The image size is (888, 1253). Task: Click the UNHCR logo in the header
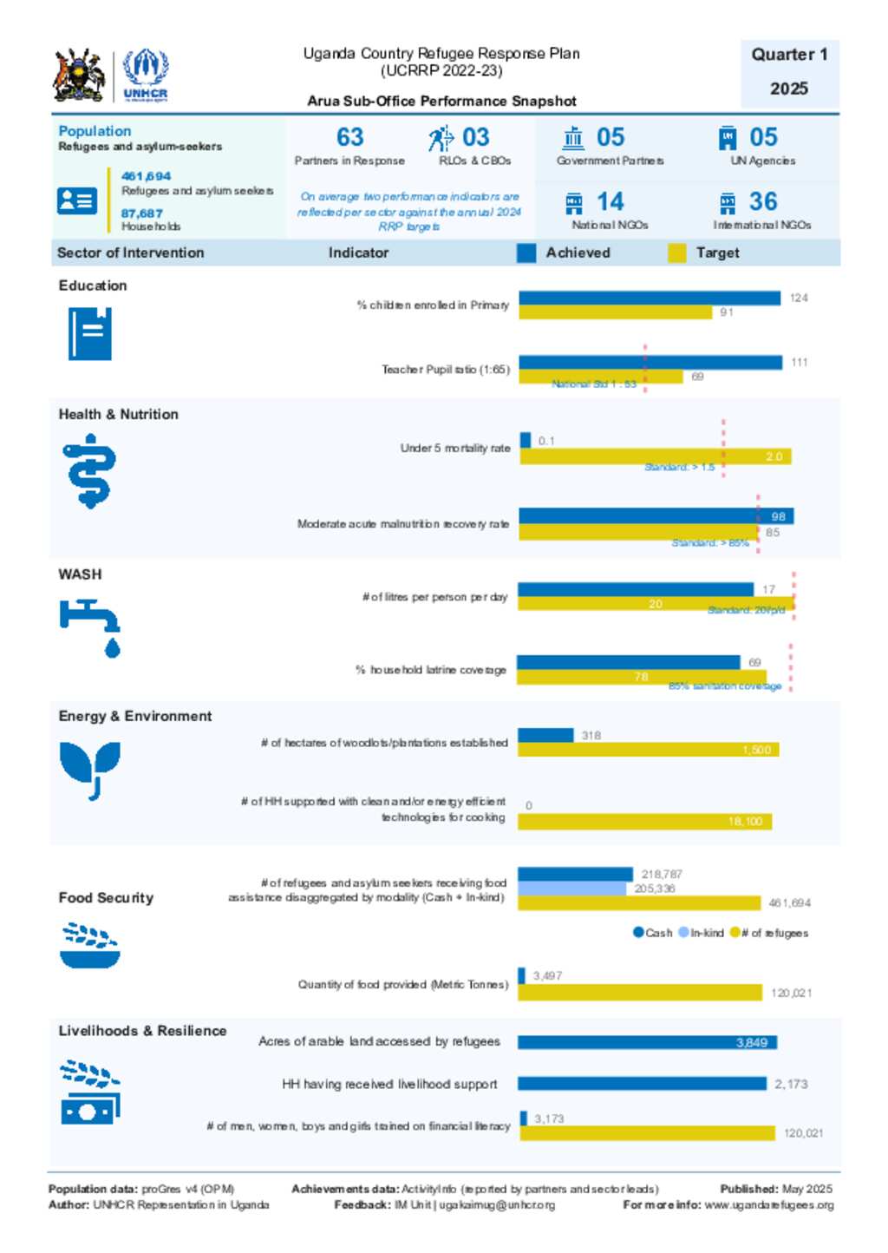pyautogui.click(x=145, y=75)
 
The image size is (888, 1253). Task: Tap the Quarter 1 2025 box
pyautogui.click(x=789, y=72)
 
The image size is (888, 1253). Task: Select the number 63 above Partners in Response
pyautogui.click(x=349, y=137)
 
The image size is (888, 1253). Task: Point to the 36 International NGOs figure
pyautogui.click(x=762, y=202)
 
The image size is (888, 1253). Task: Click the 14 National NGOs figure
pyautogui.click(x=610, y=202)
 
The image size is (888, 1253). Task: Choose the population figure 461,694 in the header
pyautogui.click(x=146, y=176)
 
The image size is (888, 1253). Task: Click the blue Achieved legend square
pyautogui.click(x=526, y=253)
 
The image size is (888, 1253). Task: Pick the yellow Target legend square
pyautogui.click(x=677, y=253)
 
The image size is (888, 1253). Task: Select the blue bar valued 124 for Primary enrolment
pyautogui.click(x=650, y=298)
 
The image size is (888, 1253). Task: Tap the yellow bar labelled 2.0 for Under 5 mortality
pyautogui.click(x=655, y=456)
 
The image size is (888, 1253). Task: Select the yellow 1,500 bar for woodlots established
pyautogui.click(x=648, y=750)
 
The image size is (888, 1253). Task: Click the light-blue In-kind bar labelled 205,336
pyautogui.click(x=571, y=889)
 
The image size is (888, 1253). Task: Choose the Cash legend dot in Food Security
pyautogui.click(x=638, y=933)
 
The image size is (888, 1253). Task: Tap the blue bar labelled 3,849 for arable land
pyautogui.click(x=647, y=1042)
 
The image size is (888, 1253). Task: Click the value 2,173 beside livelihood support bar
pyautogui.click(x=791, y=1084)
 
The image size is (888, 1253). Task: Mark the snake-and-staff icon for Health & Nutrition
pyautogui.click(x=89, y=471)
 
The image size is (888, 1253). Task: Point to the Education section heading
pyautogui.click(x=93, y=285)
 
